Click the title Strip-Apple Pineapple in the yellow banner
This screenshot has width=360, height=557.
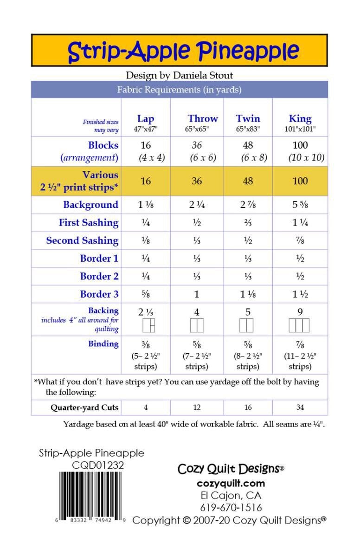tap(183, 52)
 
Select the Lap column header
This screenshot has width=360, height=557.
tap(146, 118)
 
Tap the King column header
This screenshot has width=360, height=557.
tap(300, 118)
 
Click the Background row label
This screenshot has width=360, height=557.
tap(90, 205)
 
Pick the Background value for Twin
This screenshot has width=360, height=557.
tap(248, 205)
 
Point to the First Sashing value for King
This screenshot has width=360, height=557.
tap(300, 223)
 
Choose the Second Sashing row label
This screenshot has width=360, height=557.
tap(82, 240)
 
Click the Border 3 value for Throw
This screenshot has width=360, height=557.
tap(197, 294)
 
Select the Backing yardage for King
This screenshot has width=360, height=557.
tap(300, 312)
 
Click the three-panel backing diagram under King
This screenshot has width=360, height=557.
tap(299, 326)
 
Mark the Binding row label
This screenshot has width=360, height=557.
tap(103, 344)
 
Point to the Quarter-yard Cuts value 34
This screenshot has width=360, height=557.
tap(300, 408)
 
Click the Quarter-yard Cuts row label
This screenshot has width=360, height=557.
tap(84, 408)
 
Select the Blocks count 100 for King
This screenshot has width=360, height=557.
tap(300, 145)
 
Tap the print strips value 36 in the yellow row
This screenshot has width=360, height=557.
tap(197, 181)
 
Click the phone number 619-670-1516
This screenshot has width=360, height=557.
tap(231, 507)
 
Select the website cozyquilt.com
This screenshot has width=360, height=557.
tap(231, 483)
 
